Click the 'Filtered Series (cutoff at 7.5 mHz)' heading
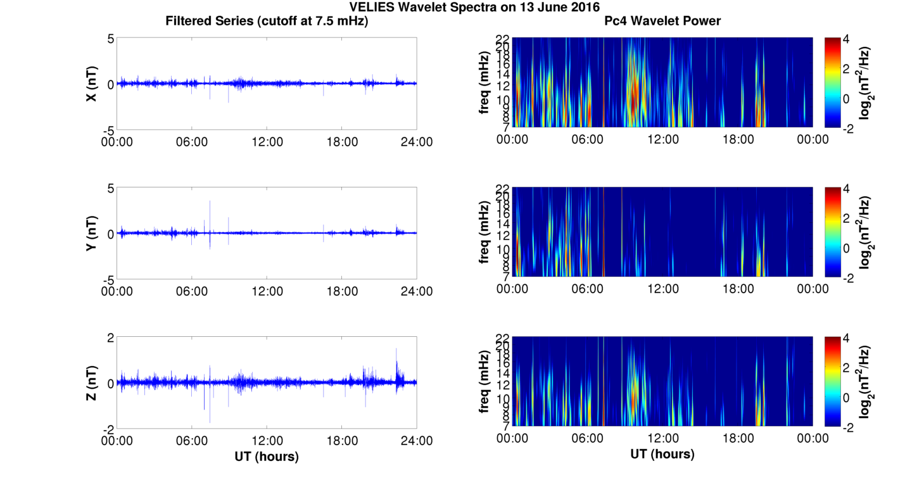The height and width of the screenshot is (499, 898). pyautogui.click(x=267, y=21)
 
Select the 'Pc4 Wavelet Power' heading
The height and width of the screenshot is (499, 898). pyautogui.click(x=662, y=21)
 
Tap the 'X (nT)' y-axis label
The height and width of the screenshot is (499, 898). pyautogui.click(x=91, y=84)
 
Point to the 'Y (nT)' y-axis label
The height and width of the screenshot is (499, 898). pyautogui.click(x=91, y=234)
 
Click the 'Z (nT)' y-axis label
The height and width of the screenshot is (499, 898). pyautogui.click(x=91, y=383)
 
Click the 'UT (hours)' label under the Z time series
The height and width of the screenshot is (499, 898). pyautogui.click(x=267, y=456)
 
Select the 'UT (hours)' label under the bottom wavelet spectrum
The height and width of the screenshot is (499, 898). pyautogui.click(x=662, y=453)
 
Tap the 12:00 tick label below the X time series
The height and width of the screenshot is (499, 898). pyautogui.click(x=267, y=142)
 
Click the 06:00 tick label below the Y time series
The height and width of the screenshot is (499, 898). pyautogui.click(x=192, y=291)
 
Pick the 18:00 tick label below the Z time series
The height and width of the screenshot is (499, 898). pyautogui.click(x=342, y=441)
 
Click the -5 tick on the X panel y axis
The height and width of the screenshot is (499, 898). pyautogui.click(x=108, y=130)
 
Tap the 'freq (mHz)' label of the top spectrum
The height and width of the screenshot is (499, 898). pyautogui.click(x=484, y=83)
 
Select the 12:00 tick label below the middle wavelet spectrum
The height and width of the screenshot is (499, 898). pyautogui.click(x=662, y=289)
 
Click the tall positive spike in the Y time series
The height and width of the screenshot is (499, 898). pyautogui.click(x=210, y=209)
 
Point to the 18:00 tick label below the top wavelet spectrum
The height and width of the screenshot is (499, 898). pyautogui.click(x=738, y=139)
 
